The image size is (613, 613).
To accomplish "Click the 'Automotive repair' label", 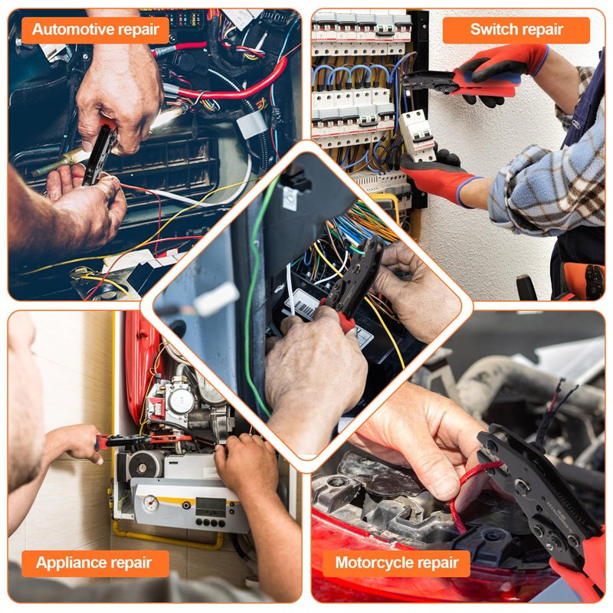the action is (95, 30).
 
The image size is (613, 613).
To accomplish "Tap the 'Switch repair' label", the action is (516, 30).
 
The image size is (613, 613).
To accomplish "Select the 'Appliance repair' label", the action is (95, 563).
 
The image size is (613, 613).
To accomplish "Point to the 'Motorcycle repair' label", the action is (396, 563).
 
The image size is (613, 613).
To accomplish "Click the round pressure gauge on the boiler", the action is (150, 503).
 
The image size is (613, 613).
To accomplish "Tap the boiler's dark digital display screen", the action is (210, 507).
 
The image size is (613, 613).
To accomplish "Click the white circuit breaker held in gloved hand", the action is (417, 136).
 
